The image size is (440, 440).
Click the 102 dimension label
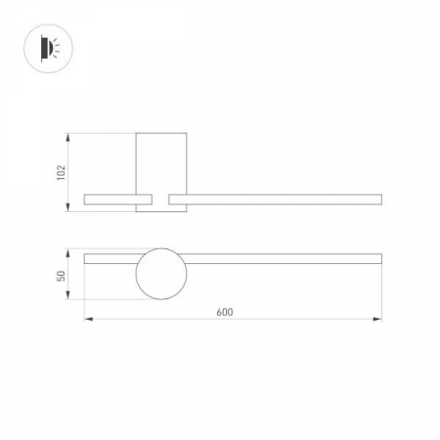point(61,171)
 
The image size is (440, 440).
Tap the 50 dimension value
point(61,277)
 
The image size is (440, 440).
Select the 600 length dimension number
point(224,312)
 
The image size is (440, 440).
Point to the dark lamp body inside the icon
point(44,46)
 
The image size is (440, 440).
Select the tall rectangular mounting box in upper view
point(160,166)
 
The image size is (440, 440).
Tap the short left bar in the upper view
point(110,199)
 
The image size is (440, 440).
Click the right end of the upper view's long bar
point(378,199)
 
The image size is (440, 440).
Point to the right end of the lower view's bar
point(378,259)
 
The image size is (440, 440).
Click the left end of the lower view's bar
point(87,259)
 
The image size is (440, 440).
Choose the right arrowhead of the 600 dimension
point(378,319)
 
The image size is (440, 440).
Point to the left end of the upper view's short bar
point(86,199)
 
